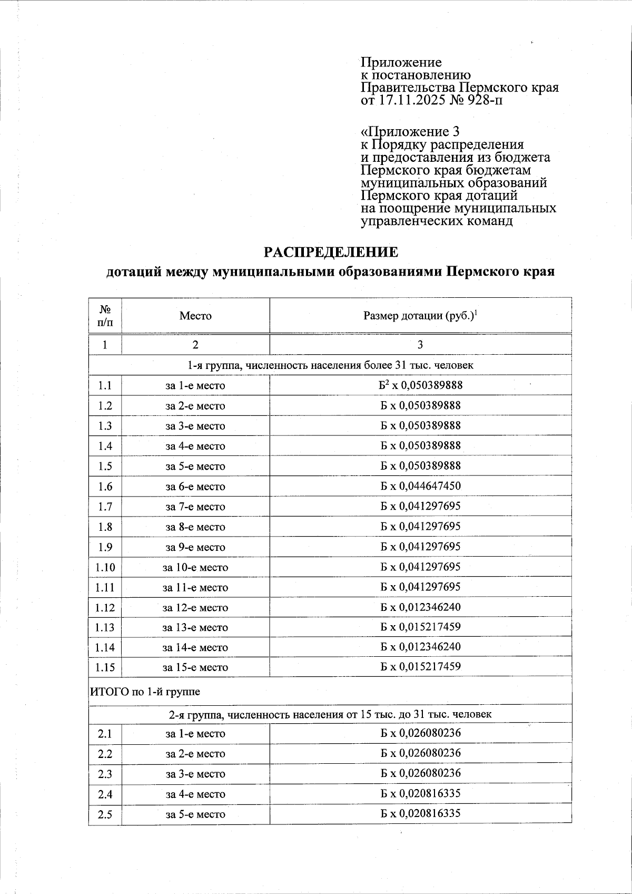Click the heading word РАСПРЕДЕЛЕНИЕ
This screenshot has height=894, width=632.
click(331, 252)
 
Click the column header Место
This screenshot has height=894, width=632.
click(195, 316)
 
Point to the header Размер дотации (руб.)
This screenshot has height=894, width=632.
click(420, 316)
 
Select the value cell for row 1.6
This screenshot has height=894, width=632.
click(420, 486)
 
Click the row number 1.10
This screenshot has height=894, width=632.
click(105, 567)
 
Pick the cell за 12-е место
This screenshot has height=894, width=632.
click(195, 608)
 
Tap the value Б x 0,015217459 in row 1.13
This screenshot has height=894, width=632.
click(420, 627)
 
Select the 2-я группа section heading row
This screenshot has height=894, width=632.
click(330, 714)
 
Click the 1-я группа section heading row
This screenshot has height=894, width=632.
click(330, 365)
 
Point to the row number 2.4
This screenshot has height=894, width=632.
click(105, 794)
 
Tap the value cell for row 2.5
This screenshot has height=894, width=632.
click(420, 813)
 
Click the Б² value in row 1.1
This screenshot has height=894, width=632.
click(420, 385)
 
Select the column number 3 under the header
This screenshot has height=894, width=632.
click(420, 345)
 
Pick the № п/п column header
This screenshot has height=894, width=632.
click(105, 315)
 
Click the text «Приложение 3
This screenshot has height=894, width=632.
click(410, 132)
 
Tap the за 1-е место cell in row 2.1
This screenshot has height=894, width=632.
click(195, 734)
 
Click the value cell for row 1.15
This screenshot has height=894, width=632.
click(420, 667)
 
